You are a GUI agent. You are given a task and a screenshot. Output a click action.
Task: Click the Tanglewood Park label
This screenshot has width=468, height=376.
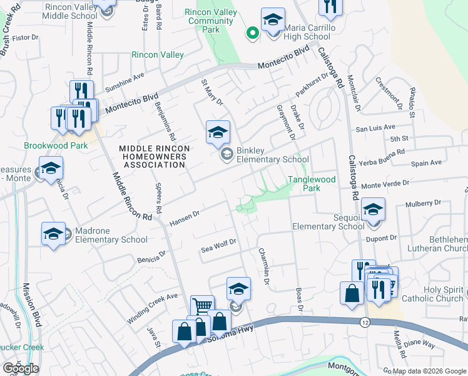click(312, 184)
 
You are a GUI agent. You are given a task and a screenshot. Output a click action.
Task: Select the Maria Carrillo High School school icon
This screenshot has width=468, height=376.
click(273, 22)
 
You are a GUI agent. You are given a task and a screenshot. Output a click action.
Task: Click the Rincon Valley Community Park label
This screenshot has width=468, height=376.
click(211, 21)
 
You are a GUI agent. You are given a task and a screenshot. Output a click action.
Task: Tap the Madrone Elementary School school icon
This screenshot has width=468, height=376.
click(54, 234)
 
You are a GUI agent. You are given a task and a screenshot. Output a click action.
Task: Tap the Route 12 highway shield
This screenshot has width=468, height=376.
click(364, 321)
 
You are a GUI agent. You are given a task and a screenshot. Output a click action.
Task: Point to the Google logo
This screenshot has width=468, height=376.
click(21, 368)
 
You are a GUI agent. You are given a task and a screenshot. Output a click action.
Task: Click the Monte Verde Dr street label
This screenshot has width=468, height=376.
click(384, 184)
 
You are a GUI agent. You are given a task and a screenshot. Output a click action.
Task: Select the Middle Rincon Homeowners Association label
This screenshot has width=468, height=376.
click(153, 157)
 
